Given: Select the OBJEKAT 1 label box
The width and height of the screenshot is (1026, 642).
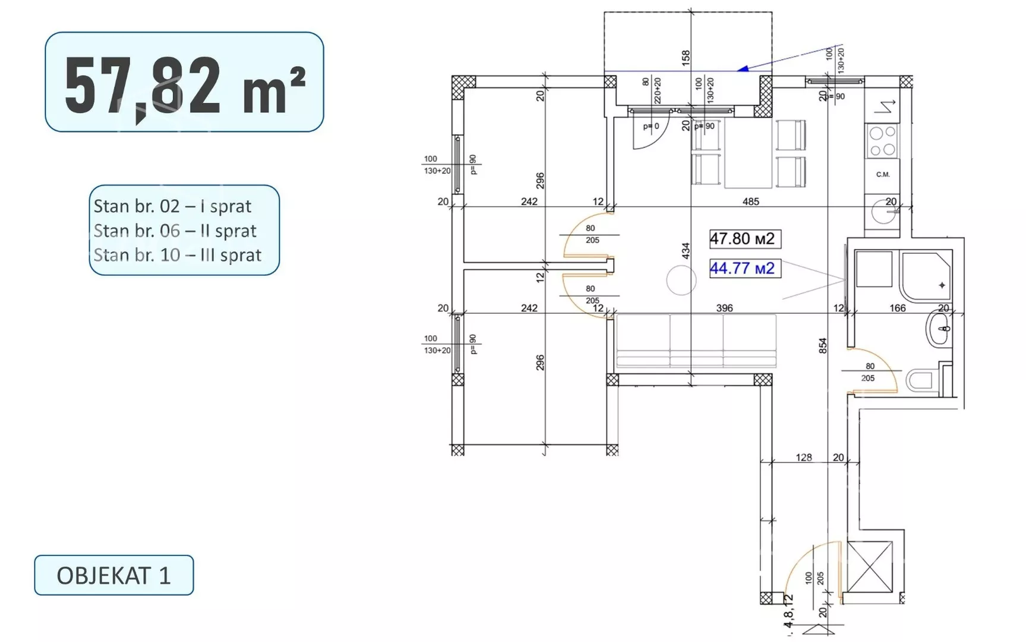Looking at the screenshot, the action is click(x=114, y=575).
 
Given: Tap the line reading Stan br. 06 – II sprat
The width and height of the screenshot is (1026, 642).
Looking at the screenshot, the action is click(x=175, y=231).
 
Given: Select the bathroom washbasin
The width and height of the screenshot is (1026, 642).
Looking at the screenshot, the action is click(x=939, y=329).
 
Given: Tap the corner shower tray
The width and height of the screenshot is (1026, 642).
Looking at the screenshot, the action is click(x=926, y=276).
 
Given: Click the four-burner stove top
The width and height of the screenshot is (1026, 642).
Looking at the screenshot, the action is click(x=882, y=141).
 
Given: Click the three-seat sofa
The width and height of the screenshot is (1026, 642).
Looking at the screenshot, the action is click(x=696, y=341).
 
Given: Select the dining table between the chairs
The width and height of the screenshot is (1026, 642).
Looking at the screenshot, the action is click(x=749, y=153).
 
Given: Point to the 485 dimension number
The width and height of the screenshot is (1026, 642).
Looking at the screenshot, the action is click(x=751, y=202).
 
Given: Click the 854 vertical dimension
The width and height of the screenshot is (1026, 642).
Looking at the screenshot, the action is click(x=823, y=345).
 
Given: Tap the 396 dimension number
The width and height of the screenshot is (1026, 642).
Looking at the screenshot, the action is click(x=724, y=308).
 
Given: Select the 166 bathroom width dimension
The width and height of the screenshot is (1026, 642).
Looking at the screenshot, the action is click(x=898, y=308).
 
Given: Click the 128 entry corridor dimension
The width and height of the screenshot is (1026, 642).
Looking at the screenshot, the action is click(x=804, y=457).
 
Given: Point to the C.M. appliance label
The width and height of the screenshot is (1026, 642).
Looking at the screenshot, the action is click(x=883, y=175).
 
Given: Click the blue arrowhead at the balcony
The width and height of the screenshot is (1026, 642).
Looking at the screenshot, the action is click(x=743, y=69).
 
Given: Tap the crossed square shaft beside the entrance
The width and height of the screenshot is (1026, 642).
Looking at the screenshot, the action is click(x=870, y=567).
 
